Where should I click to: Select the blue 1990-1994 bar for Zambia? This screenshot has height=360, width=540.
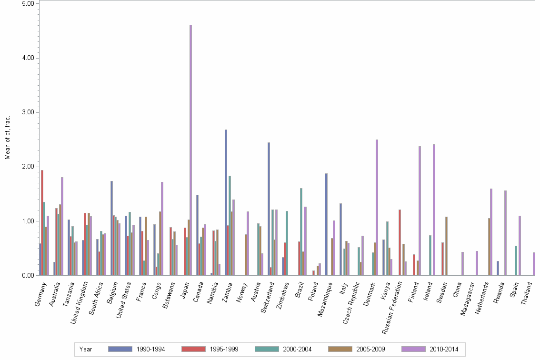click(x=226, y=202)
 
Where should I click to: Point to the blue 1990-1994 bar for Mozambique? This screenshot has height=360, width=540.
click(x=326, y=224)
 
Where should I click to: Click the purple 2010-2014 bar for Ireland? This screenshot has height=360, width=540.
click(x=434, y=210)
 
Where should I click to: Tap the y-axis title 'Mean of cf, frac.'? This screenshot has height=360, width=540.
click(x=7, y=138)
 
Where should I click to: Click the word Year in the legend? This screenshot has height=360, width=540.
click(x=86, y=349)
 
